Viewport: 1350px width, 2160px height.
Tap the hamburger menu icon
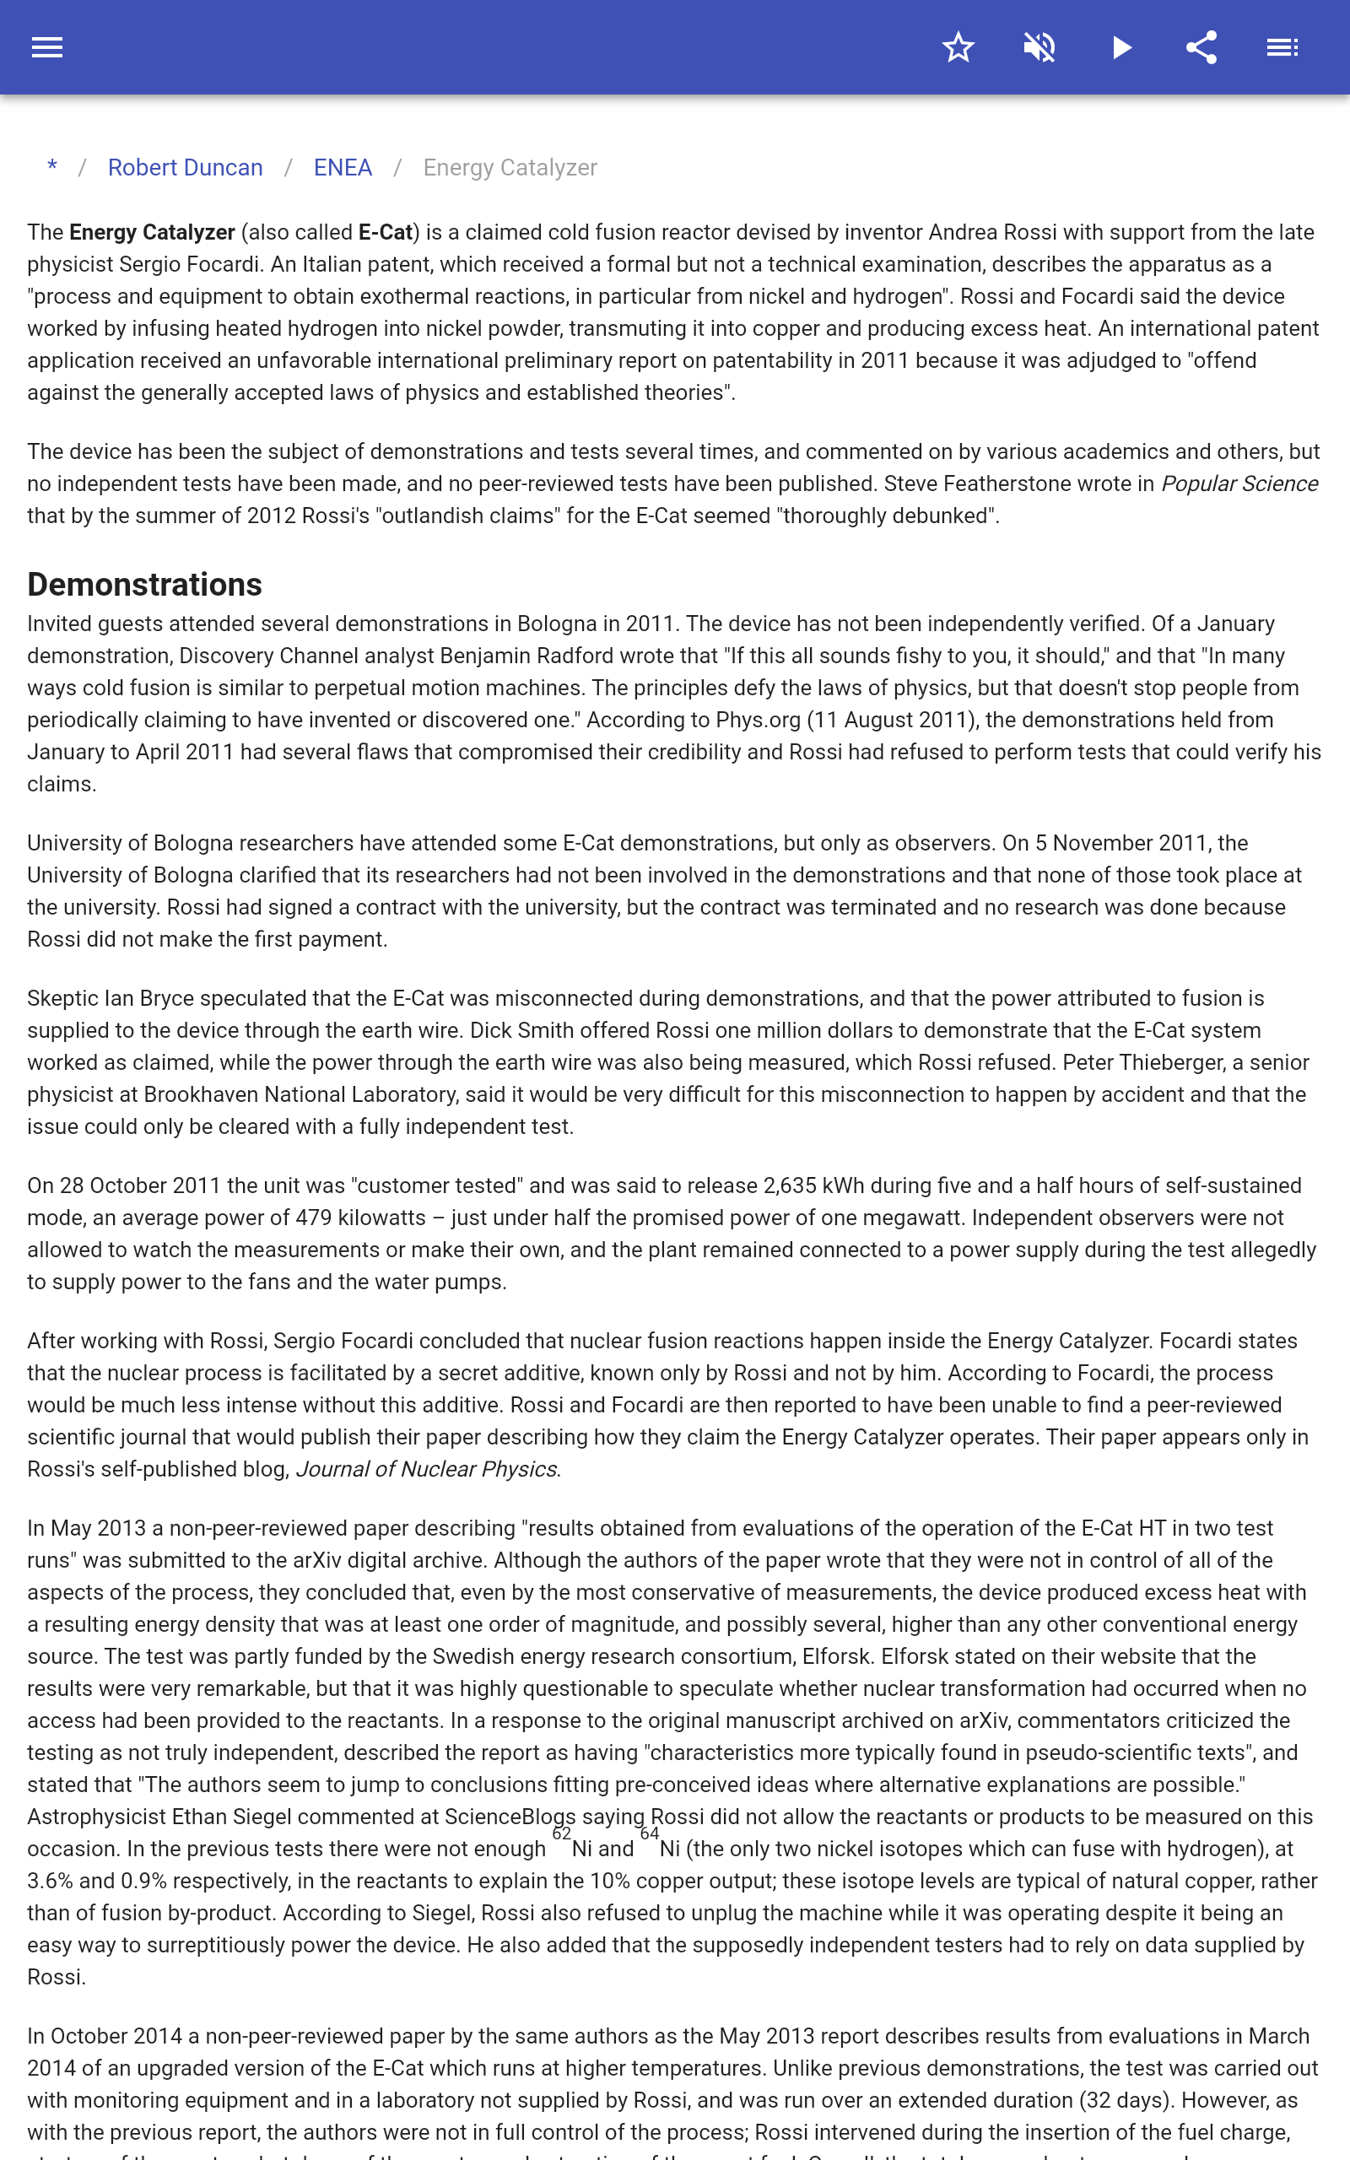(47, 47)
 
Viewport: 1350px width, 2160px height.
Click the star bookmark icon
(958, 47)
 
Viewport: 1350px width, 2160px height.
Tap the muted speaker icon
(1039, 47)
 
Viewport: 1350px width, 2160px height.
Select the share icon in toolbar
(1201, 47)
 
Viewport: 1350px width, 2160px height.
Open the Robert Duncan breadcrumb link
(185, 168)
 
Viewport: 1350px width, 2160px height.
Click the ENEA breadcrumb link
(342, 168)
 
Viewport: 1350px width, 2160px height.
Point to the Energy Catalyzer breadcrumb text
(510, 168)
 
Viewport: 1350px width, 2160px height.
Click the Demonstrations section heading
(144, 585)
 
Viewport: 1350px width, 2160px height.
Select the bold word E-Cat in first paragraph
(386, 233)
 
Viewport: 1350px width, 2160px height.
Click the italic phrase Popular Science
(1239, 483)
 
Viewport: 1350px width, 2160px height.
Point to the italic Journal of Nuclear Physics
(426, 1469)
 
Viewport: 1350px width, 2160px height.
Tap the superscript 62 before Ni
(561, 1833)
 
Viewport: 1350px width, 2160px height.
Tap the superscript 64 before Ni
(649, 1833)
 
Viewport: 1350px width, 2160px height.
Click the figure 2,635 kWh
(813, 1185)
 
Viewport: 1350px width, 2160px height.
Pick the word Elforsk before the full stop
(834, 1656)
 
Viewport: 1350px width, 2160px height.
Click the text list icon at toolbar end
(1282, 47)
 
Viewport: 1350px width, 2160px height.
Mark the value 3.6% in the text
(50, 1881)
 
